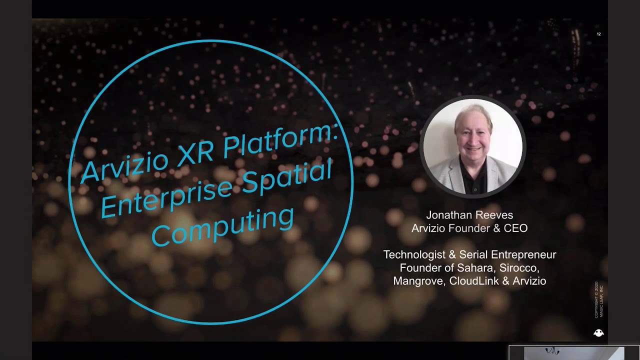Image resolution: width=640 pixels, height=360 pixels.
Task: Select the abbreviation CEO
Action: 516,228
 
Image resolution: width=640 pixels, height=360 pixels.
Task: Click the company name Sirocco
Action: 519,268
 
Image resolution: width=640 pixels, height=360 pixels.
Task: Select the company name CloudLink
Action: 473,281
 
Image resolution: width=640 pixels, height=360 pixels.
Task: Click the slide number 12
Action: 598,34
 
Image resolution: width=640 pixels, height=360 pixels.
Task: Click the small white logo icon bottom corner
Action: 598,333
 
